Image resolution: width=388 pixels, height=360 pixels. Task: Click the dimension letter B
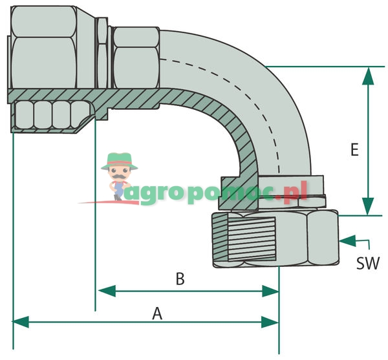coord(180,280)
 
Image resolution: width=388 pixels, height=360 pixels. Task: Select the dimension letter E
coord(354,150)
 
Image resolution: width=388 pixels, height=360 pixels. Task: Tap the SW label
coord(368,263)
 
